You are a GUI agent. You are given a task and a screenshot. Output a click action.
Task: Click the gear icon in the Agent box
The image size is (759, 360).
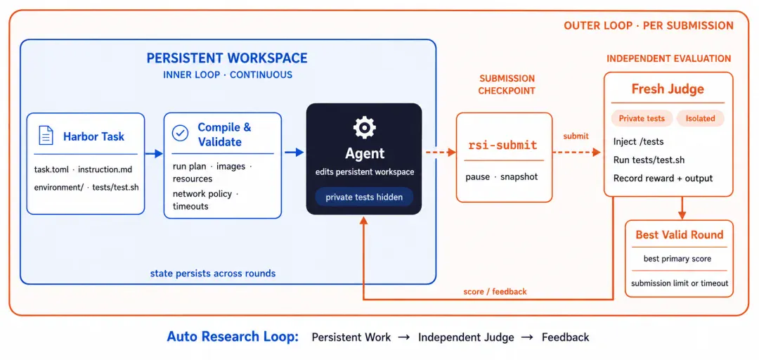pyautogui.click(x=364, y=127)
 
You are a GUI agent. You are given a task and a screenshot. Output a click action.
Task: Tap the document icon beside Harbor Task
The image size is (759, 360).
pyautogui.click(x=46, y=136)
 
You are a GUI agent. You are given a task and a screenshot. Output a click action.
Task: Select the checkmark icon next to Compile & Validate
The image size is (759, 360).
pyautogui.click(x=181, y=134)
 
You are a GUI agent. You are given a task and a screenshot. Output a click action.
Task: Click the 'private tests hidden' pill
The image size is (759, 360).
pyautogui.click(x=364, y=197)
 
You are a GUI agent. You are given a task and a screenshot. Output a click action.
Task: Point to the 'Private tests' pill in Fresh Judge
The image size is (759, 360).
pyautogui.click(x=642, y=119)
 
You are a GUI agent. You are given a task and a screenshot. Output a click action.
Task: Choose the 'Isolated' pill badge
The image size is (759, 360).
pyautogui.click(x=700, y=119)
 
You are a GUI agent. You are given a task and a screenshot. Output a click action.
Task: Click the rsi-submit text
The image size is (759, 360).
pyautogui.click(x=503, y=145)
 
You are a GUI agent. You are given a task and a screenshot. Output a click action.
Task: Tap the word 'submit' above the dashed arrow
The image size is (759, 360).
pyautogui.click(x=576, y=136)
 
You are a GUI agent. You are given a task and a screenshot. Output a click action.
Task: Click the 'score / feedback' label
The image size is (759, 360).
pyautogui.click(x=495, y=292)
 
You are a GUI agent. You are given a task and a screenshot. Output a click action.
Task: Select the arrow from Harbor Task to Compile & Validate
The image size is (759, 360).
pyautogui.click(x=154, y=153)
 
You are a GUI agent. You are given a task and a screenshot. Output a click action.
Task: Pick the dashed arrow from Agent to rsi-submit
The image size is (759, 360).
pyautogui.click(x=441, y=152)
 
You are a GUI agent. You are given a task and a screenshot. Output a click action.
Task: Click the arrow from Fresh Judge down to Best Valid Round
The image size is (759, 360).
pyautogui.click(x=682, y=208)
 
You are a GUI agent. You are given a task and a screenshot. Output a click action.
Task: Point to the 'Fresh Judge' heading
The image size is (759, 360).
pyautogui.click(x=668, y=89)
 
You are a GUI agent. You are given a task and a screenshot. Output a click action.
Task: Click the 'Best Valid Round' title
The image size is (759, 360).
pyautogui.click(x=679, y=235)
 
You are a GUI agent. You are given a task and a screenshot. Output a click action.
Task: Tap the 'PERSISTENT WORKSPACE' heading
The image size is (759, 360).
pyautogui.click(x=227, y=58)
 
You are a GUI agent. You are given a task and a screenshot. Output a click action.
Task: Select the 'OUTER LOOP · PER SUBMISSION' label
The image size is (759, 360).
pyautogui.click(x=649, y=26)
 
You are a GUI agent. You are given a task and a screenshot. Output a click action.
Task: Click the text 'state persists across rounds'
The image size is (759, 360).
pyautogui.click(x=213, y=274)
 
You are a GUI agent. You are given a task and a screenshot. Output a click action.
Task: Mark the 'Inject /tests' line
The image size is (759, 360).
pyautogui.click(x=638, y=141)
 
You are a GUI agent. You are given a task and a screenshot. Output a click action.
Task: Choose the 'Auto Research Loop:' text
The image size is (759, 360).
pyautogui.click(x=233, y=337)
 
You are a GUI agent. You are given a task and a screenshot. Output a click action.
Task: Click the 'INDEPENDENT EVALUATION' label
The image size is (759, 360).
pyautogui.click(x=668, y=58)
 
